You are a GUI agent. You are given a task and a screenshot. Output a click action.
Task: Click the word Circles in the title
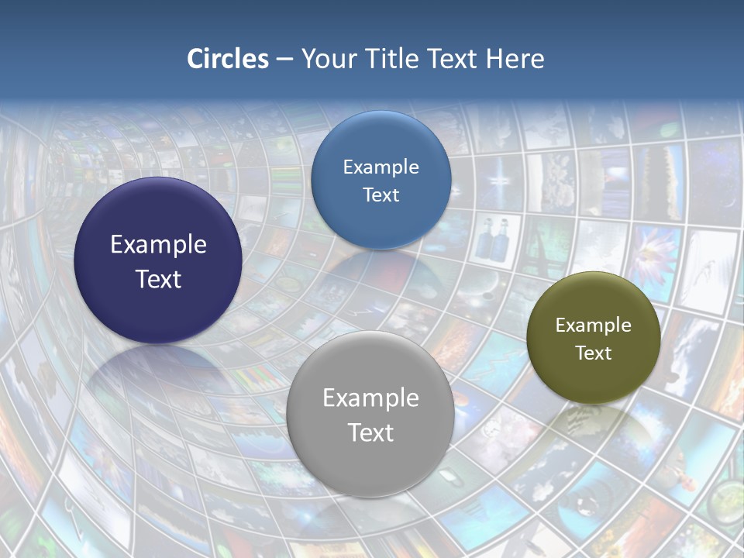(x=228, y=59)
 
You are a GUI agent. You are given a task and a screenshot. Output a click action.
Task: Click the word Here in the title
(x=515, y=59)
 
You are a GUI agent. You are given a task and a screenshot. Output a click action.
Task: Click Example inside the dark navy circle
(x=158, y=244)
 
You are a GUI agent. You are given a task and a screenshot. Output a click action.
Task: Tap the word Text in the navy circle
(x=158, y=279)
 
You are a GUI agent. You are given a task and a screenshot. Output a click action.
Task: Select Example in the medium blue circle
(x=381, y=167)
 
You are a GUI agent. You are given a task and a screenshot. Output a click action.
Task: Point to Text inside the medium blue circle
(x=381, y=195)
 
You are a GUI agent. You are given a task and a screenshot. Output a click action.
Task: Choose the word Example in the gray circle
(x=370, y=398)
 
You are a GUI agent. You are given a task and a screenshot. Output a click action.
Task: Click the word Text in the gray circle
(x=370, y=432)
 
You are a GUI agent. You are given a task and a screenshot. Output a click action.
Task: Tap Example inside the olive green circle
(x=593, y=325)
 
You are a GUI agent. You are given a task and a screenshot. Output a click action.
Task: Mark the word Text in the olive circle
(x=593, y=353)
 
